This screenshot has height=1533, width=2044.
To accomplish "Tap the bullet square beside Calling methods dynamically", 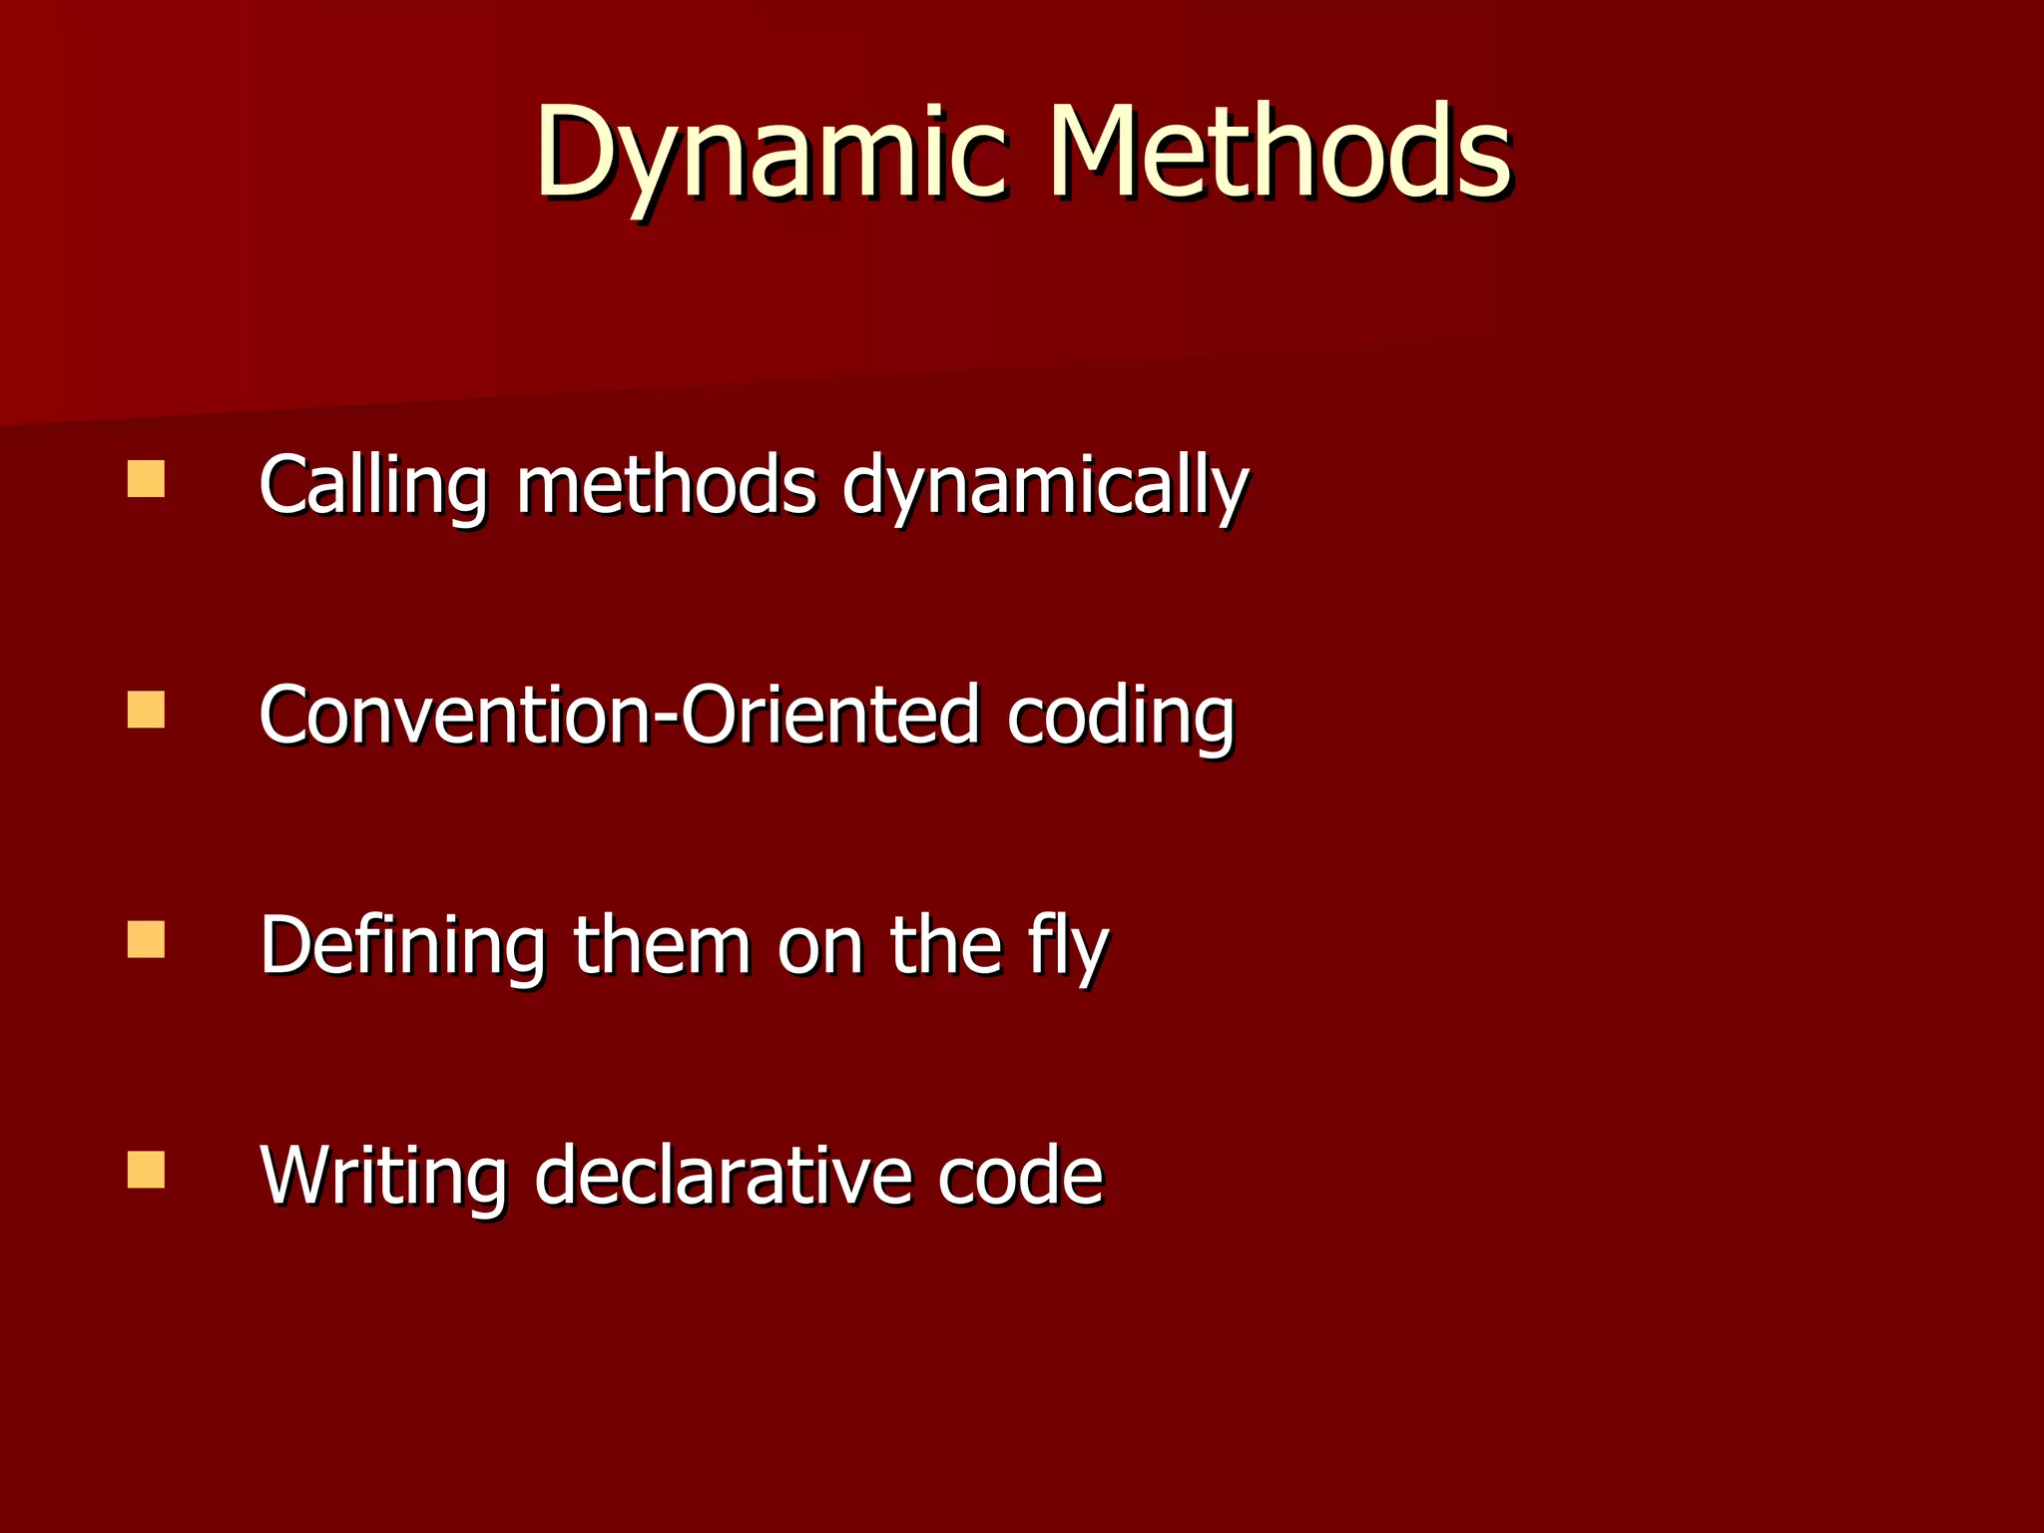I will click(x=146, y=478).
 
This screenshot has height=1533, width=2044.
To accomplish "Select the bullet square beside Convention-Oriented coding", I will click(x=146, y=710).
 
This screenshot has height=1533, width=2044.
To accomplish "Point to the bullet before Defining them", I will click(x=146, y=939).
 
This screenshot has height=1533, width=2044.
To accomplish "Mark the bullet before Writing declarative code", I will click(x=146, y=1170).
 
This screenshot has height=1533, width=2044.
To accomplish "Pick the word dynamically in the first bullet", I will click(x=1045, y=485).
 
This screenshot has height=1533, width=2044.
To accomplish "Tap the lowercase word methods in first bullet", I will click(x=666, y=485).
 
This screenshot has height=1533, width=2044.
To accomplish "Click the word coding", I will click(x=1120, y=717).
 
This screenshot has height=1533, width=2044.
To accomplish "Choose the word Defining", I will click(x=402, y=945).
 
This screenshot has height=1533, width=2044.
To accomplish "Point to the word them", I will click(x=662, y=945).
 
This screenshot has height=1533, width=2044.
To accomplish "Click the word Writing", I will click(x=383, y=1176).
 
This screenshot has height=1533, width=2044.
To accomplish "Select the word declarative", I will click(x=723, y=1176).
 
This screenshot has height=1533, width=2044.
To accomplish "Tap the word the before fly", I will click(x=945, y=945).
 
